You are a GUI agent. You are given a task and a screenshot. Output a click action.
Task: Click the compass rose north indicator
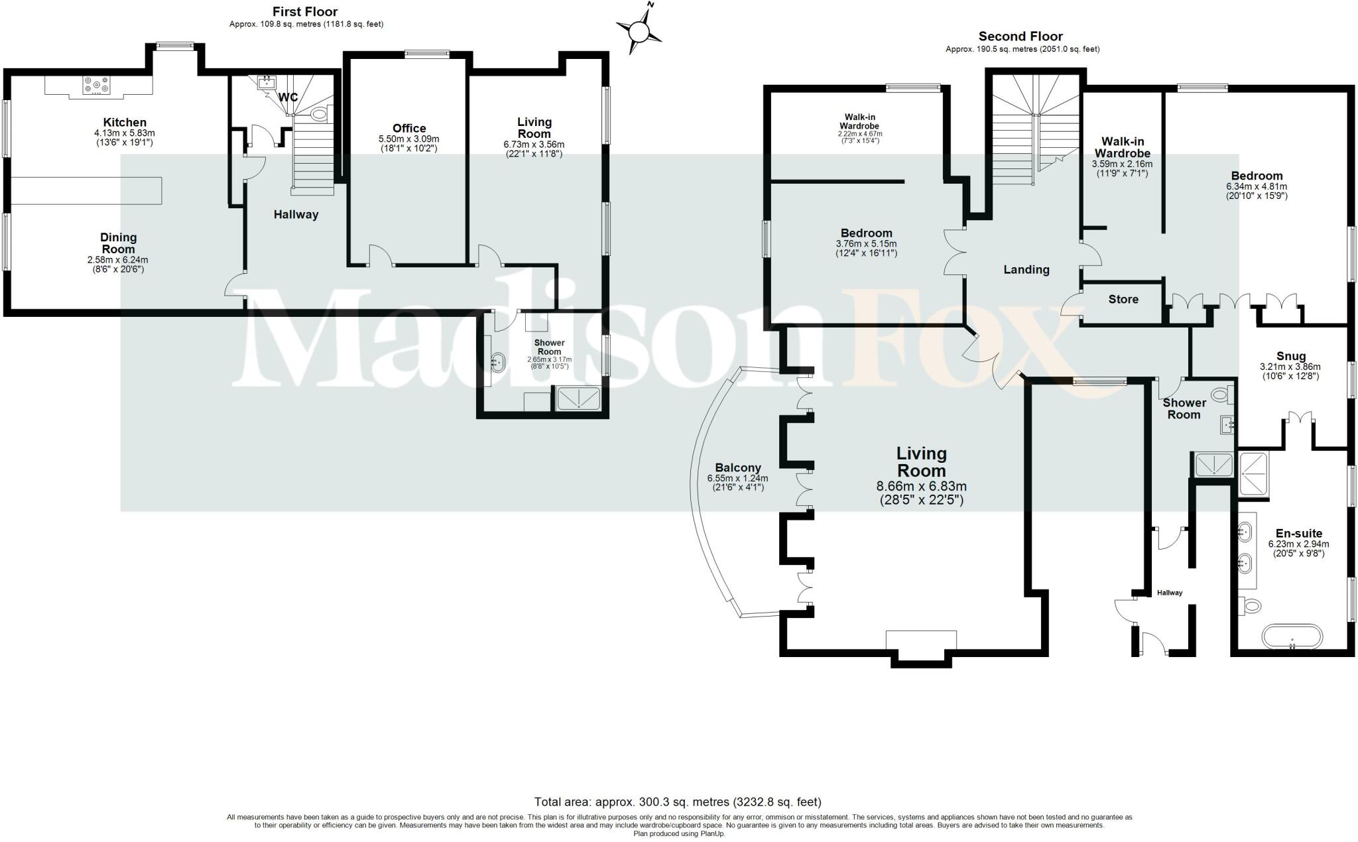[x=639, y=30]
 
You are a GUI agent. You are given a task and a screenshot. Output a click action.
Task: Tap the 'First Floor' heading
[x=305, y=11]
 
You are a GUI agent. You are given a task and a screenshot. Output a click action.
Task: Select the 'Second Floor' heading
[x=1020, y=36]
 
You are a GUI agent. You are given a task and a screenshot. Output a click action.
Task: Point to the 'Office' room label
[x=409, y=129]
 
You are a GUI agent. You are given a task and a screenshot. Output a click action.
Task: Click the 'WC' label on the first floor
[x=288, y=97]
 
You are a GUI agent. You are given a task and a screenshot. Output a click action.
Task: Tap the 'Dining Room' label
[x=119, y=243]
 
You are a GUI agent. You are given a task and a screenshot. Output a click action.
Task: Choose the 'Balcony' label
[x=737, y=467]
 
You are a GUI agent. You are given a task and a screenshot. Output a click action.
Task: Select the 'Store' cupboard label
[x=1123, y=300]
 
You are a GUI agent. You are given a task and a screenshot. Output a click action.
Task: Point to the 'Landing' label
[x=1026, y=270]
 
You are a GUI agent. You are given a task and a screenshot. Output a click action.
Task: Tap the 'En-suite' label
[x=1298, y=534]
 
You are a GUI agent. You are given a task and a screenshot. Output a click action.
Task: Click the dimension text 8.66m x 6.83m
[x=921, y=486]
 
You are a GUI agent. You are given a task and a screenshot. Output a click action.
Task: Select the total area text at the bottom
[x=678, y=802]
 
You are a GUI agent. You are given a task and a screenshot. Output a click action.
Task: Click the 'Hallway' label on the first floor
[x=296, y=215]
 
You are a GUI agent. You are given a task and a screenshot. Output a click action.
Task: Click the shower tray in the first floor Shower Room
[x=578, y=398]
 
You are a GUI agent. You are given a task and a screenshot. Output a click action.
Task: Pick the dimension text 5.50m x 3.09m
[x=408, y=139]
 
